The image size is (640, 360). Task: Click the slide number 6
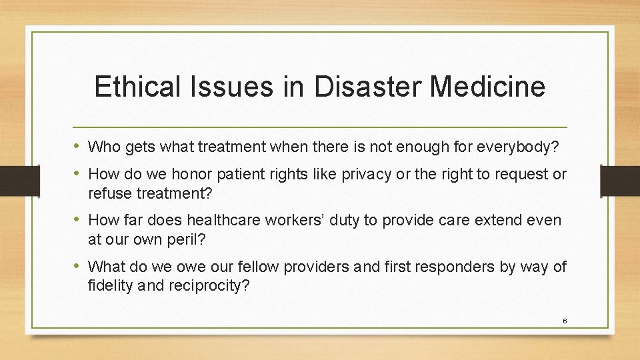565,321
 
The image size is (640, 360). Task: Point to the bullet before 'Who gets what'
79,146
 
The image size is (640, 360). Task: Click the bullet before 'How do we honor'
79,175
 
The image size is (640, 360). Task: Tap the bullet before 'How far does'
79,219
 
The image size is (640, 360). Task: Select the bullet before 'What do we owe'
79,267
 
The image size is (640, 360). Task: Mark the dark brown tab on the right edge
619,181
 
